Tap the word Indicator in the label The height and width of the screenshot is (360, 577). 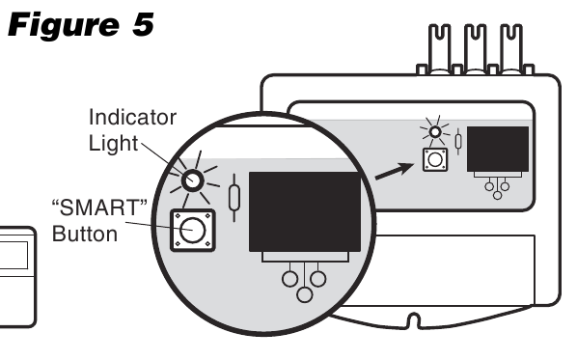tap(132, 118)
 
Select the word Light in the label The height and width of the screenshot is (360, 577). tap(114, 143)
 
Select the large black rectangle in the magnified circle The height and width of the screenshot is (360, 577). tap(304, 211)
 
